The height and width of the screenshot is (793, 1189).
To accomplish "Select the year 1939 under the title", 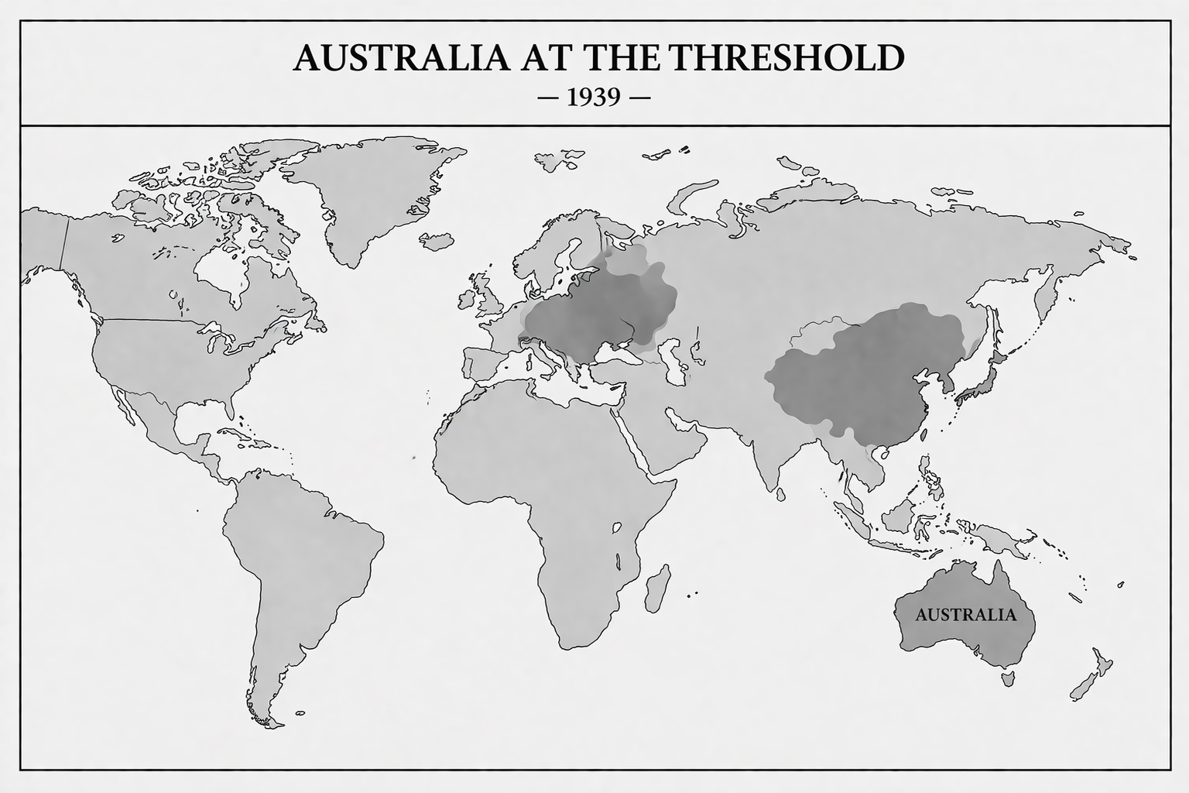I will tap(594, 98).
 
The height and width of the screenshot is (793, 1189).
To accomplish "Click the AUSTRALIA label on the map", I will tap(965, 616).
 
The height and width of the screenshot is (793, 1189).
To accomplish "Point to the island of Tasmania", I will tap(1008, 679).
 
